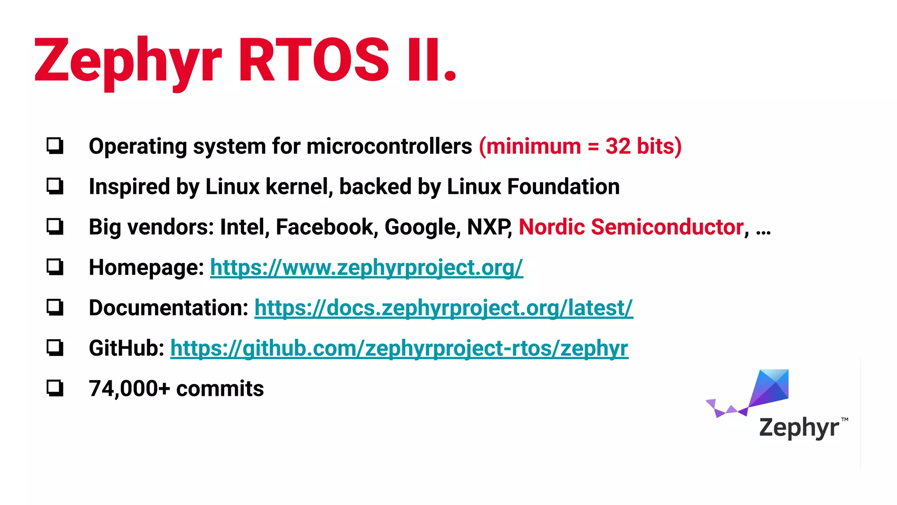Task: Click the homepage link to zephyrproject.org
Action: coord(366,267)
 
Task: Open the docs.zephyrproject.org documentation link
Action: coord(443,308)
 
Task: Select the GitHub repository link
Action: coord(399,348)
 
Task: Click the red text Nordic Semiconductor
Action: coord(631,227)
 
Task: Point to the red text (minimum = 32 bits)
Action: coord(580,146)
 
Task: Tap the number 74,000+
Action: coord(129,388)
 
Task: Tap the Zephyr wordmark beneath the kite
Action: coord(799,427)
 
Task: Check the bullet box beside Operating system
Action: coord(55,146)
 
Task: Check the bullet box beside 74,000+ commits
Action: coord(55,388)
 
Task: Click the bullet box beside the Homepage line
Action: coord(55,267)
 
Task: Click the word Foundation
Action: coord(563,187)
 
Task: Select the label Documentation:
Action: coord(169,308)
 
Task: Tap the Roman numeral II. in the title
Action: coord(431,60)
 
